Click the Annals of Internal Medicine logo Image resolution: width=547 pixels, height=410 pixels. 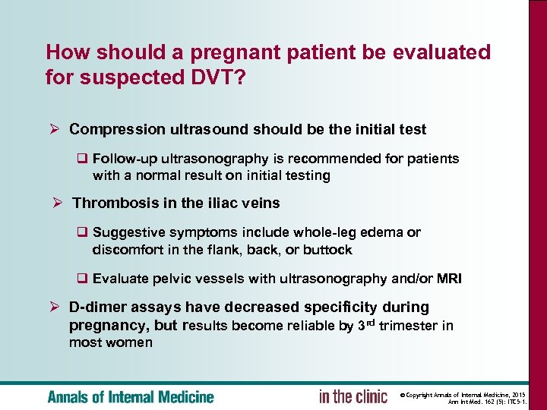click(131, 396)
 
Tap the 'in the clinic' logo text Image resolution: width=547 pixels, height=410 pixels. click(353, 396)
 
